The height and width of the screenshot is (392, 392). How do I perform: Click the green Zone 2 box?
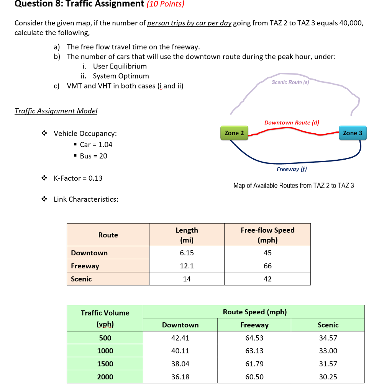pos(234,133)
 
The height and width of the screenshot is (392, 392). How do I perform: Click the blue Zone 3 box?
pos(352,133)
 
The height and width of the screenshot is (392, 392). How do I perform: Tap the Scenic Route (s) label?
pos(290,82)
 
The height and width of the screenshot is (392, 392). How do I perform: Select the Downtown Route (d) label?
pos(292,122)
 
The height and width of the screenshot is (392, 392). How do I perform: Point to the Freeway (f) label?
pos(292,169)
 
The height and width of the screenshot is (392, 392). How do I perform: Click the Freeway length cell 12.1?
pos(187,266)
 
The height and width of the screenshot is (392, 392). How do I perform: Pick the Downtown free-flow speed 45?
pos(267,253)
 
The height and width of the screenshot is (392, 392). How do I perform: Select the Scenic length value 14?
pos(187,279)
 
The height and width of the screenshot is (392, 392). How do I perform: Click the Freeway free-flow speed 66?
pos(267,266)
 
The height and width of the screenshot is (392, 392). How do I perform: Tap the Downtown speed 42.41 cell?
pos(180,338)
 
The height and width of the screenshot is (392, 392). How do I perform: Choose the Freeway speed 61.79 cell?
pos(254,364)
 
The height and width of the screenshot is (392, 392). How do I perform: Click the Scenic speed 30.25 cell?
pos(328,377)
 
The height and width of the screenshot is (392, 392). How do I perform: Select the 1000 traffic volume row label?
pos(105,351)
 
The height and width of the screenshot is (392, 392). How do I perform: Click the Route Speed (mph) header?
pos(254,312)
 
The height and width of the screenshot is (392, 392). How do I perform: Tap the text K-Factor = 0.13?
pos(78,178)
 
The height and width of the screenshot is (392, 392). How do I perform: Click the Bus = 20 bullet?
pos(93,156)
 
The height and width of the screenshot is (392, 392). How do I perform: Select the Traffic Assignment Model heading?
pos(56,111)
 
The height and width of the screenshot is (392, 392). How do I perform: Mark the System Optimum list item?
pos(121,76)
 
